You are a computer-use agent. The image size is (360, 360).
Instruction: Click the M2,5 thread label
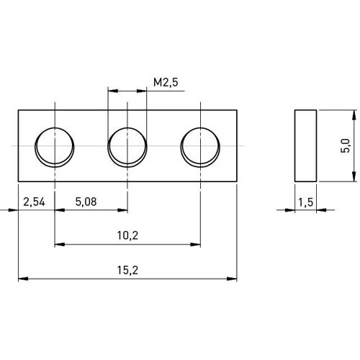pos(166,82)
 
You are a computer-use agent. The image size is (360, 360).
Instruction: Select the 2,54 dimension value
pos(34,202)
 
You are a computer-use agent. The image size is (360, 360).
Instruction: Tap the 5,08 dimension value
pos(86,202)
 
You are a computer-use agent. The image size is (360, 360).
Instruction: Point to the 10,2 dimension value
pos(127,235)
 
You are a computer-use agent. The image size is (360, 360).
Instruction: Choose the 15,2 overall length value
pos(127,270)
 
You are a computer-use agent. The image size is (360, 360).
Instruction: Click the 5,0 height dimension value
pos(346,146)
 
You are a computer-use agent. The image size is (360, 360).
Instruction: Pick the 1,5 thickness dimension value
pos(306,202)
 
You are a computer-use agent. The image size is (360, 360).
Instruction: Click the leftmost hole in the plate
pos(55,147)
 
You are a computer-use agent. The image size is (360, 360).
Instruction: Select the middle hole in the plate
pos(127,147)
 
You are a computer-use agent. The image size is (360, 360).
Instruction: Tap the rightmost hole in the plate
pos(200,147)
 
